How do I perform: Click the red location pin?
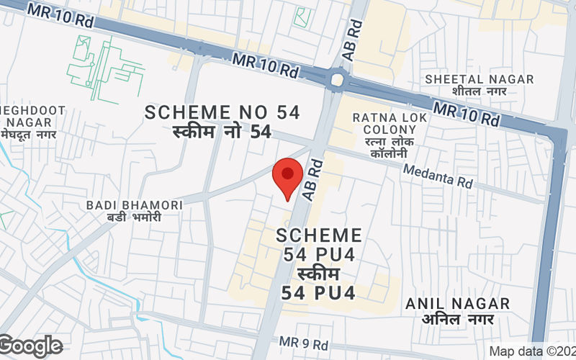[x=288, y=177]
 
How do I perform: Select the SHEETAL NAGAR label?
[x=479, y=79]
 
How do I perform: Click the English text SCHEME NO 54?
[x=222, y=112]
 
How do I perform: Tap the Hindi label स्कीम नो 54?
[x=222, y=132]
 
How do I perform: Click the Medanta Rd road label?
[x=438, y=176]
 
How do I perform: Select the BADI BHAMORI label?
[x=135, y=205]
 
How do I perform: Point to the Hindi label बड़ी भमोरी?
[x=135, y=218]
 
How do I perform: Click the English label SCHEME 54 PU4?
[x=318, y=245]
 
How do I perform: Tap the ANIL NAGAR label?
[x=457, y=304]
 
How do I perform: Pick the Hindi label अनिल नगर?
[x=457, y=319]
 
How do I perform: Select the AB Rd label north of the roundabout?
[x=355, y=32]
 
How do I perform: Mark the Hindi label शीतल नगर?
[x=479, y=92]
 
